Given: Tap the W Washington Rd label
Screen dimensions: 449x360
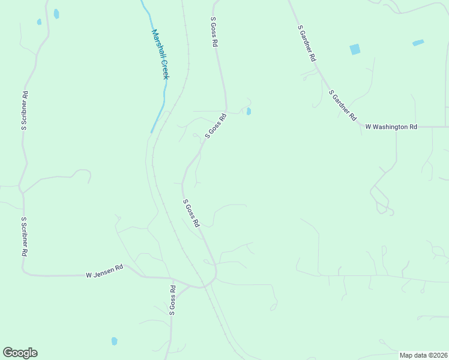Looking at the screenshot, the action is click(x=391, y=127).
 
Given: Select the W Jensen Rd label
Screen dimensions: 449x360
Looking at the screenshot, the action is click(x=104, y=271).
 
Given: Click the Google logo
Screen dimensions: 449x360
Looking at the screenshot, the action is click(x=20, y=353).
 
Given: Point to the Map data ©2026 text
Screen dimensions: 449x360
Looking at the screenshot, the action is click(x=423, y=355).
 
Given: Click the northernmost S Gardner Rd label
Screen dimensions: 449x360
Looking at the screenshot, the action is click(x=306, y=44).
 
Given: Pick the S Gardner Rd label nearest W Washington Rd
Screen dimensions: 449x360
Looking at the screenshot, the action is click(x=342, y=105).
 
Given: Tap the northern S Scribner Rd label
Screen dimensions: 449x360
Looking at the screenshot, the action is click(x=25, y=111).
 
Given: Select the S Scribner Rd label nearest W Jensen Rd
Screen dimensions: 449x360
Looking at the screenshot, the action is click(x=25, y=237).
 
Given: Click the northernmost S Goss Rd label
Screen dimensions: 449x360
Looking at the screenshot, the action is click(x=213, y=32).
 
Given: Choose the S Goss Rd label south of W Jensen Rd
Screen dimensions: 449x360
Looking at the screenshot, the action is click(x=172, y=300).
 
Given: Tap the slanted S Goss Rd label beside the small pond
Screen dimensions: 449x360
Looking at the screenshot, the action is click(x=215, y=126).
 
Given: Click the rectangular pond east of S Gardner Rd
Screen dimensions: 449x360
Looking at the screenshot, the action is click(x=355, y=49).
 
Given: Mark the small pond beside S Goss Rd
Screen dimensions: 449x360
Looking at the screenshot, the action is click(x=249, y=111).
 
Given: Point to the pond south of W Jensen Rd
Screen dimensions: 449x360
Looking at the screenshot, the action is click(x=114, y=341).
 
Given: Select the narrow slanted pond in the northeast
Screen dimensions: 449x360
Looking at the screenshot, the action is click(x=418, y=43).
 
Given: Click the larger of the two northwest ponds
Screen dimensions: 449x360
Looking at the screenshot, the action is click(x=56, y=13).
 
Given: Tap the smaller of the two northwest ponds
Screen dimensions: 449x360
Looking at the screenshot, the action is click(x=39, y=22).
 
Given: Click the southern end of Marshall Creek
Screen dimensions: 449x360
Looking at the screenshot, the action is click(x=152, y=131).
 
